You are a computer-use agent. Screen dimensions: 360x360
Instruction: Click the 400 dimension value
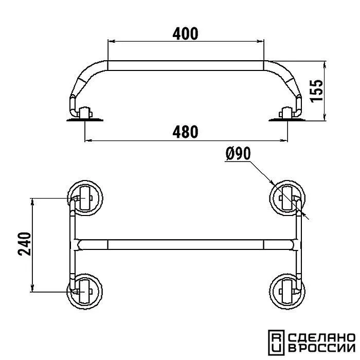click(185, 34)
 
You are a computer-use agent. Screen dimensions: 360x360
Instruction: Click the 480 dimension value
click(185, 132)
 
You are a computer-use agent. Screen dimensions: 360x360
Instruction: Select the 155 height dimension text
click(316, 91)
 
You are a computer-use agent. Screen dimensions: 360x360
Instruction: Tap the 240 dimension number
click(24, 244)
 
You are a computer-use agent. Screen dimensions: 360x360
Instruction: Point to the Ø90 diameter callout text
click(238, 154)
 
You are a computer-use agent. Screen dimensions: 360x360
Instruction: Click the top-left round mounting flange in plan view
click(85, 198)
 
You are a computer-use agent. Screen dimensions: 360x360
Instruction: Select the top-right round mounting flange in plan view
click(287, 198)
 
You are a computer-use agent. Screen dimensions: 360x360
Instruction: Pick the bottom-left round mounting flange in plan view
click(85, 292)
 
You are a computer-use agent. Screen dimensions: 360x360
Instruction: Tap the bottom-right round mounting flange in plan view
click(287, 292)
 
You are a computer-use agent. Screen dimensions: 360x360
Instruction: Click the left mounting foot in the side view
click(85, 114)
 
